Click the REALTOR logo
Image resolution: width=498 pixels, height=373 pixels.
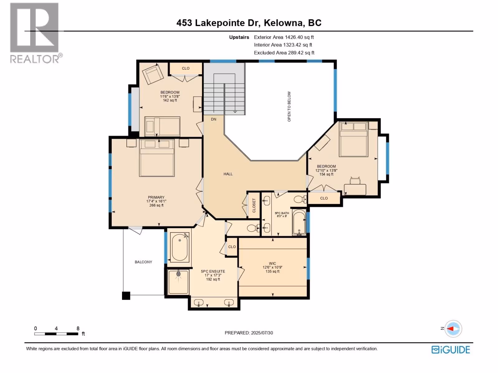tap(35, 33)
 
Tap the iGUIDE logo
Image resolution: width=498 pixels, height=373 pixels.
tap(451, 350)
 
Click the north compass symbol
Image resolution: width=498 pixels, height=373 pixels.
tap(453, 329)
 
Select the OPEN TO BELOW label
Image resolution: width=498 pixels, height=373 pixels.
tap(289, 106)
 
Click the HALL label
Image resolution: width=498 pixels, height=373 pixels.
tap(228, 174)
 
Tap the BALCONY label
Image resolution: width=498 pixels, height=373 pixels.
tap(143, 262)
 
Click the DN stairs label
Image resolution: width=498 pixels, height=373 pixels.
tap(214, 119)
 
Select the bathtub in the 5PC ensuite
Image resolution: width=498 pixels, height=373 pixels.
tap(180, 247)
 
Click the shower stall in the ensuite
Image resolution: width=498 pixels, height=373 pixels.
tap(178, 282)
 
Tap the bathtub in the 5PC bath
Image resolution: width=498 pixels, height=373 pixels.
tap(299, 222)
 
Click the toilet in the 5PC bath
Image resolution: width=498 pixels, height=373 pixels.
tap(300, 199)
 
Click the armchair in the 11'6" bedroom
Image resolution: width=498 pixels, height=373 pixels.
tap(153, 74)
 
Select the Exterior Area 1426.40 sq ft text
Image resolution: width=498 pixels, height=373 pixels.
tap(284, 37)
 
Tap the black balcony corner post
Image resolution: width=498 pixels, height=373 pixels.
tap(126, 296)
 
